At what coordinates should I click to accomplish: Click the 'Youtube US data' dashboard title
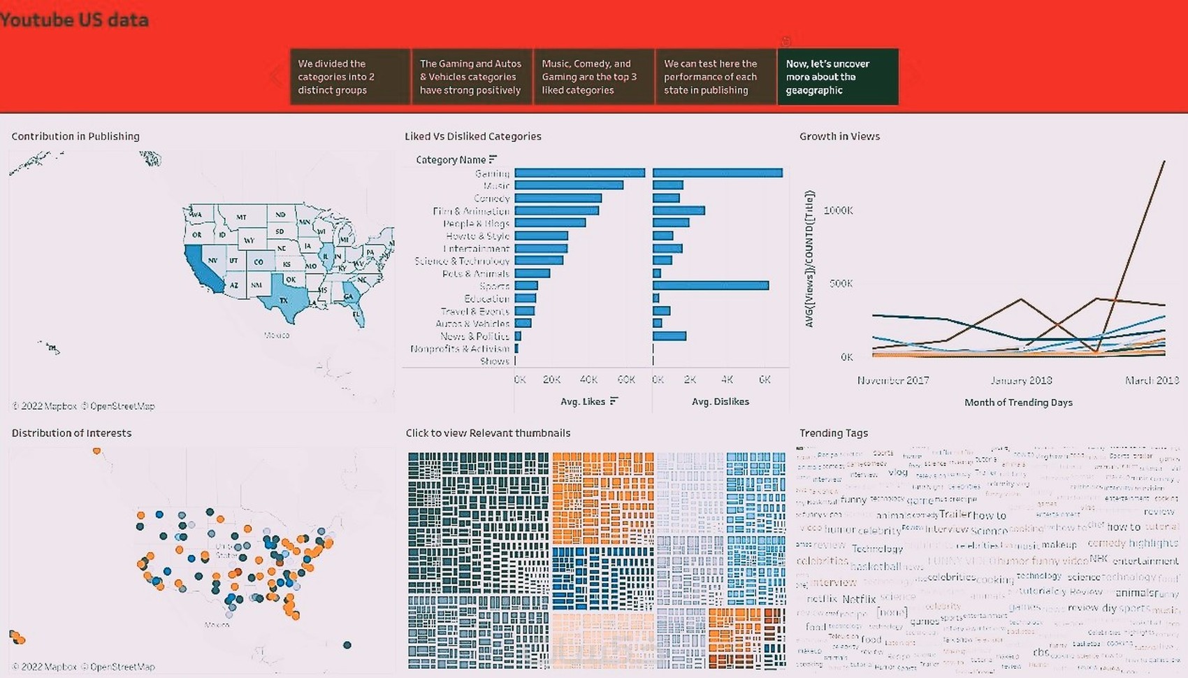tap(74, 20)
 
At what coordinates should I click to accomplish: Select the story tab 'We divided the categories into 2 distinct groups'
tap(349, 77)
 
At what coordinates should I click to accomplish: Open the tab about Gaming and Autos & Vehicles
tap(471, 77)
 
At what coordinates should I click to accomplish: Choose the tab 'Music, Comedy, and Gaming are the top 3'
tap(593, 77)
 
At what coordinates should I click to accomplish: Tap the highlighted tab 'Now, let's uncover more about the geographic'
tap(837, 77)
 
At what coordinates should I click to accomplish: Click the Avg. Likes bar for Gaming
tap(579, 173)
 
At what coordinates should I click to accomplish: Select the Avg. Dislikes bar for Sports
tap(711, 286)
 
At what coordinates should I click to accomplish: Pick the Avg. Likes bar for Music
tap(568, 185)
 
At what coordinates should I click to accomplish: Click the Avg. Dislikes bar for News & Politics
tap(669, 336)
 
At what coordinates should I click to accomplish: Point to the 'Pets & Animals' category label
tap(475, 274)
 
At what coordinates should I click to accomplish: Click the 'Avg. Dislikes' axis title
tap(720, 402)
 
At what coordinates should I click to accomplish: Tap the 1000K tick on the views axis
tap(838, 210)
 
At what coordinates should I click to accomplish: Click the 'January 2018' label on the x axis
tap(1021, 380)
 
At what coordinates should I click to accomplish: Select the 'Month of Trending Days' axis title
tap(1018, 403)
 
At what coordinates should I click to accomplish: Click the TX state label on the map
tap(284, 301)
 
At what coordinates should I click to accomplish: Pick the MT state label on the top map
tap(241, 217)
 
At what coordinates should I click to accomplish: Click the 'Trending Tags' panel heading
tap(834, 433)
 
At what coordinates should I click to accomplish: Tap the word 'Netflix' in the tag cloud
tap(858, 599)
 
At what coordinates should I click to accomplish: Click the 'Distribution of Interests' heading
tap(71, 433)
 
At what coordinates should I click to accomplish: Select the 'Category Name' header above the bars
tap(451, 160)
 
